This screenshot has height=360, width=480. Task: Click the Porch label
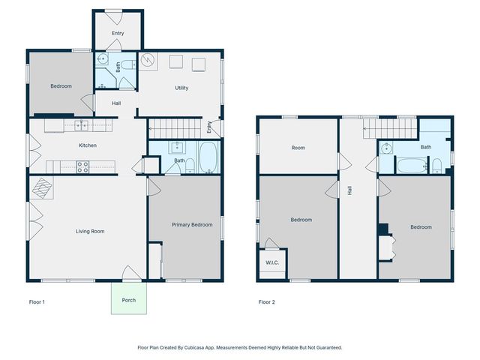(x=129, y=300)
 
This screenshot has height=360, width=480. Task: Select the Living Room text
(x=90, y=231)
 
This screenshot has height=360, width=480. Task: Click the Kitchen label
(x=88, y=145)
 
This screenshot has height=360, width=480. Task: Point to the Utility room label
(x=181, y=88)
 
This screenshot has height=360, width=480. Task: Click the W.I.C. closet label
(x=271, y=262)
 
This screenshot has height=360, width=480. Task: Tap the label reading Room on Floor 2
(x=298, y=148)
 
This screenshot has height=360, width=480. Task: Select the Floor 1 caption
(x=37, y=302)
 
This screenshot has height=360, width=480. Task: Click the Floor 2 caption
(x=267, y=302)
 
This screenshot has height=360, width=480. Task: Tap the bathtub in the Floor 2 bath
(x=411, y=164)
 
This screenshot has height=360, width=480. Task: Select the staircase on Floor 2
(x=390, y=130)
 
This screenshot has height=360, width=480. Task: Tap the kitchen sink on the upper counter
(x=81, y=124)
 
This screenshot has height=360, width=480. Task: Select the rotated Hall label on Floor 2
(x=350, y=191)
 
